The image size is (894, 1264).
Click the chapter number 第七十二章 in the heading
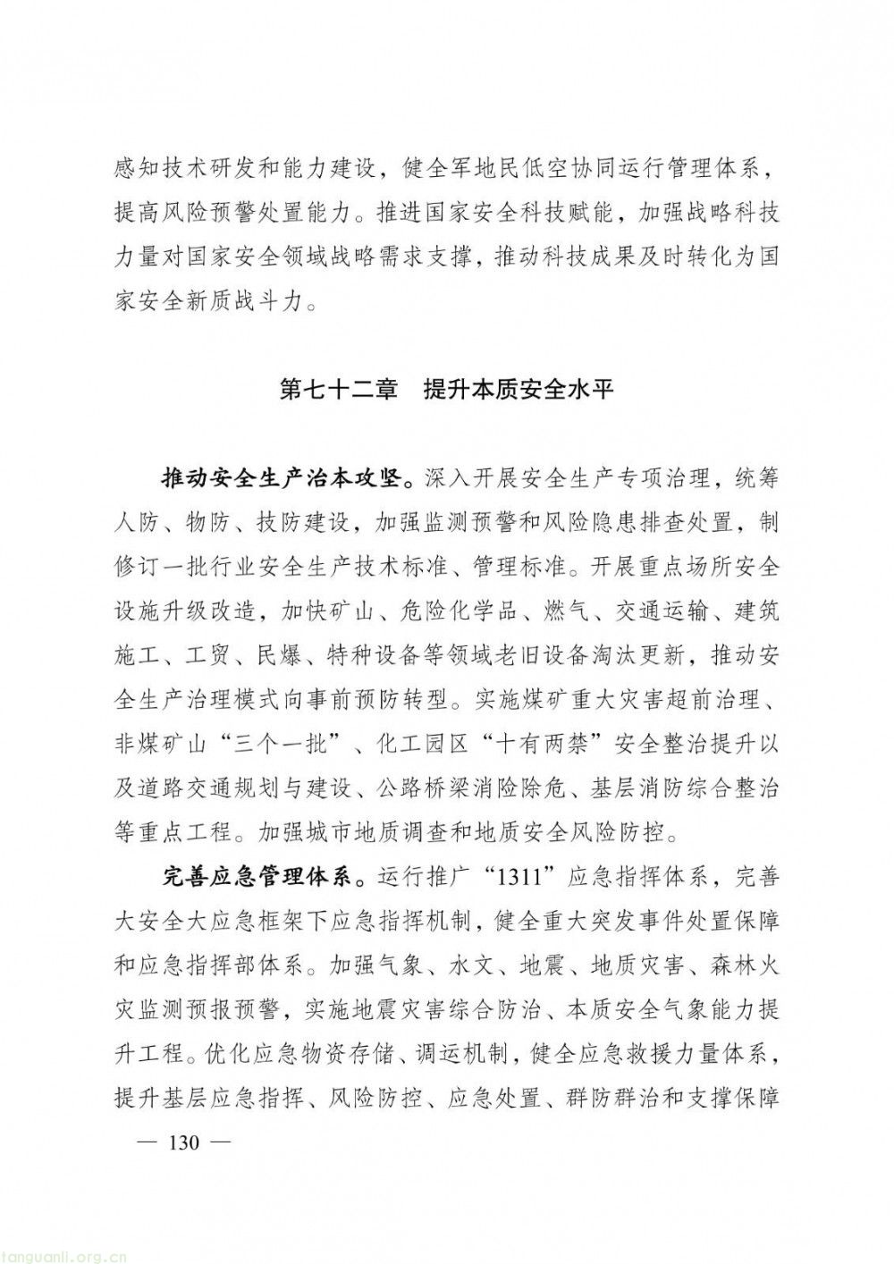(339, 390)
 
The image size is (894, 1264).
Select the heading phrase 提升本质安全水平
(519, 390)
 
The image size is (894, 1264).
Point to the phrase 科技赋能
(574, 215)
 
